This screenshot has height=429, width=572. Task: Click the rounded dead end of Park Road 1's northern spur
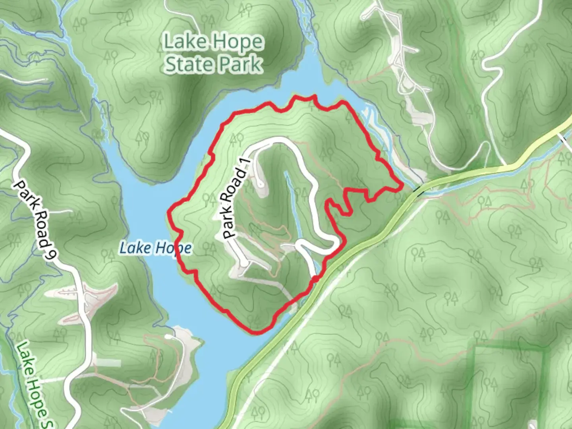(260, 184)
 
